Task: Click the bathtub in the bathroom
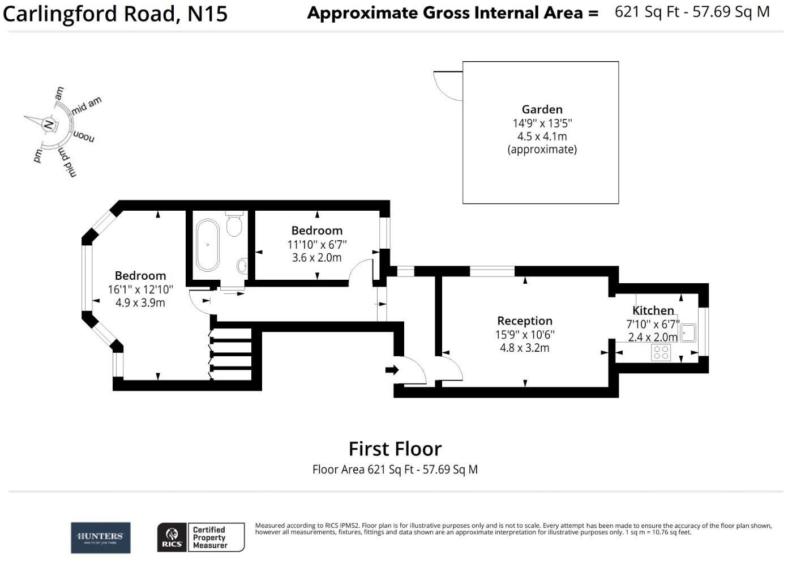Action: point(208,245)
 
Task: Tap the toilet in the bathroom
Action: point(234,225)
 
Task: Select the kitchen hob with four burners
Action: point(661,352)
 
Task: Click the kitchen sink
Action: point(688,332)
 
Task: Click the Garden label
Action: point(542,109)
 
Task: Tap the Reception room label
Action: point(524,321)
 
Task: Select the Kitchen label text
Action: point(653,310)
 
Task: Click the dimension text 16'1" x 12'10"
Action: point(140,289)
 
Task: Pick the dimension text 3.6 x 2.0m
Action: point(316,258)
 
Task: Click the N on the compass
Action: point(49,125)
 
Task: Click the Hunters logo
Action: point(101,538)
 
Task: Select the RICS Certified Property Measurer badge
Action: point(201,538)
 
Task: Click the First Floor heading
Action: point(395,449)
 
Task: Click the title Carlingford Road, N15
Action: point(115,14)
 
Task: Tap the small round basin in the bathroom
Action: point(242,265)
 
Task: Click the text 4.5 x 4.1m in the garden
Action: point(542,137)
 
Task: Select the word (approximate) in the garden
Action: point(542,150)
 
